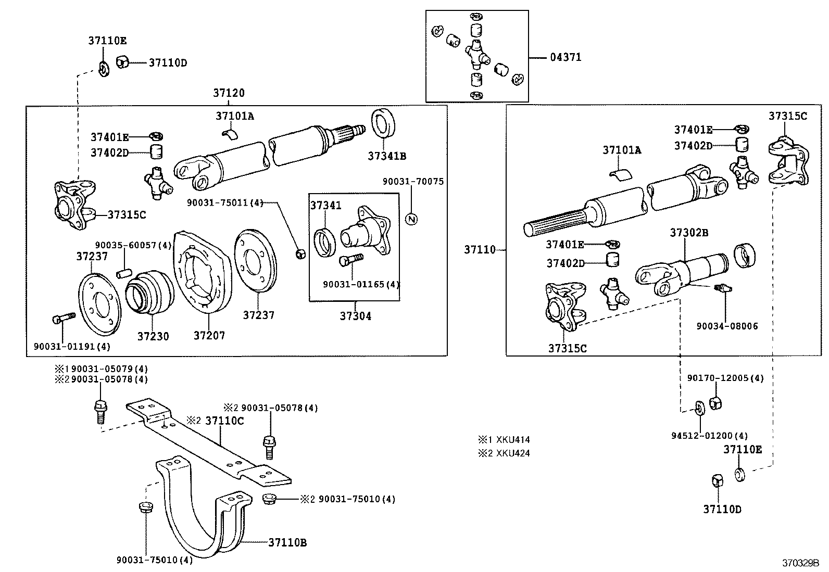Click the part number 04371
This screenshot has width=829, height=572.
[x=566, y=57]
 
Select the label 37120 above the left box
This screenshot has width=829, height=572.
[x=229, y=93]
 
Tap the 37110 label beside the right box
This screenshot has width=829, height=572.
[x=480, y=250]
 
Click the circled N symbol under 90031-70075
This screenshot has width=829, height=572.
[x=411, y=219]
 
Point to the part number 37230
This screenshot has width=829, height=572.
[x=153, y=336]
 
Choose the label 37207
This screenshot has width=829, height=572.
[x=209, y=336]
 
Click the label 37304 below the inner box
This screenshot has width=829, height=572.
[x=356, y=316]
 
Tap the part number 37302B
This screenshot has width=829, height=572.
[x=689, y=232]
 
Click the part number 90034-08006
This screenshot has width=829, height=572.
[x=727, y=326]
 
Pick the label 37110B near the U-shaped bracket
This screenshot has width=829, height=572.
[x=287, y=543]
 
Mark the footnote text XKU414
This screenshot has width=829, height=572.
[x=513, y=440]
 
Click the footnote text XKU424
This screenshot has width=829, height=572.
[x=513, y=453]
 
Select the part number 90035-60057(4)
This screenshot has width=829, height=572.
[x=133, y=245]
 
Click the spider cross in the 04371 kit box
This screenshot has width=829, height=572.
[x=478, y=53]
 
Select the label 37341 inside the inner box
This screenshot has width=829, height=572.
[x=326, y=206]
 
